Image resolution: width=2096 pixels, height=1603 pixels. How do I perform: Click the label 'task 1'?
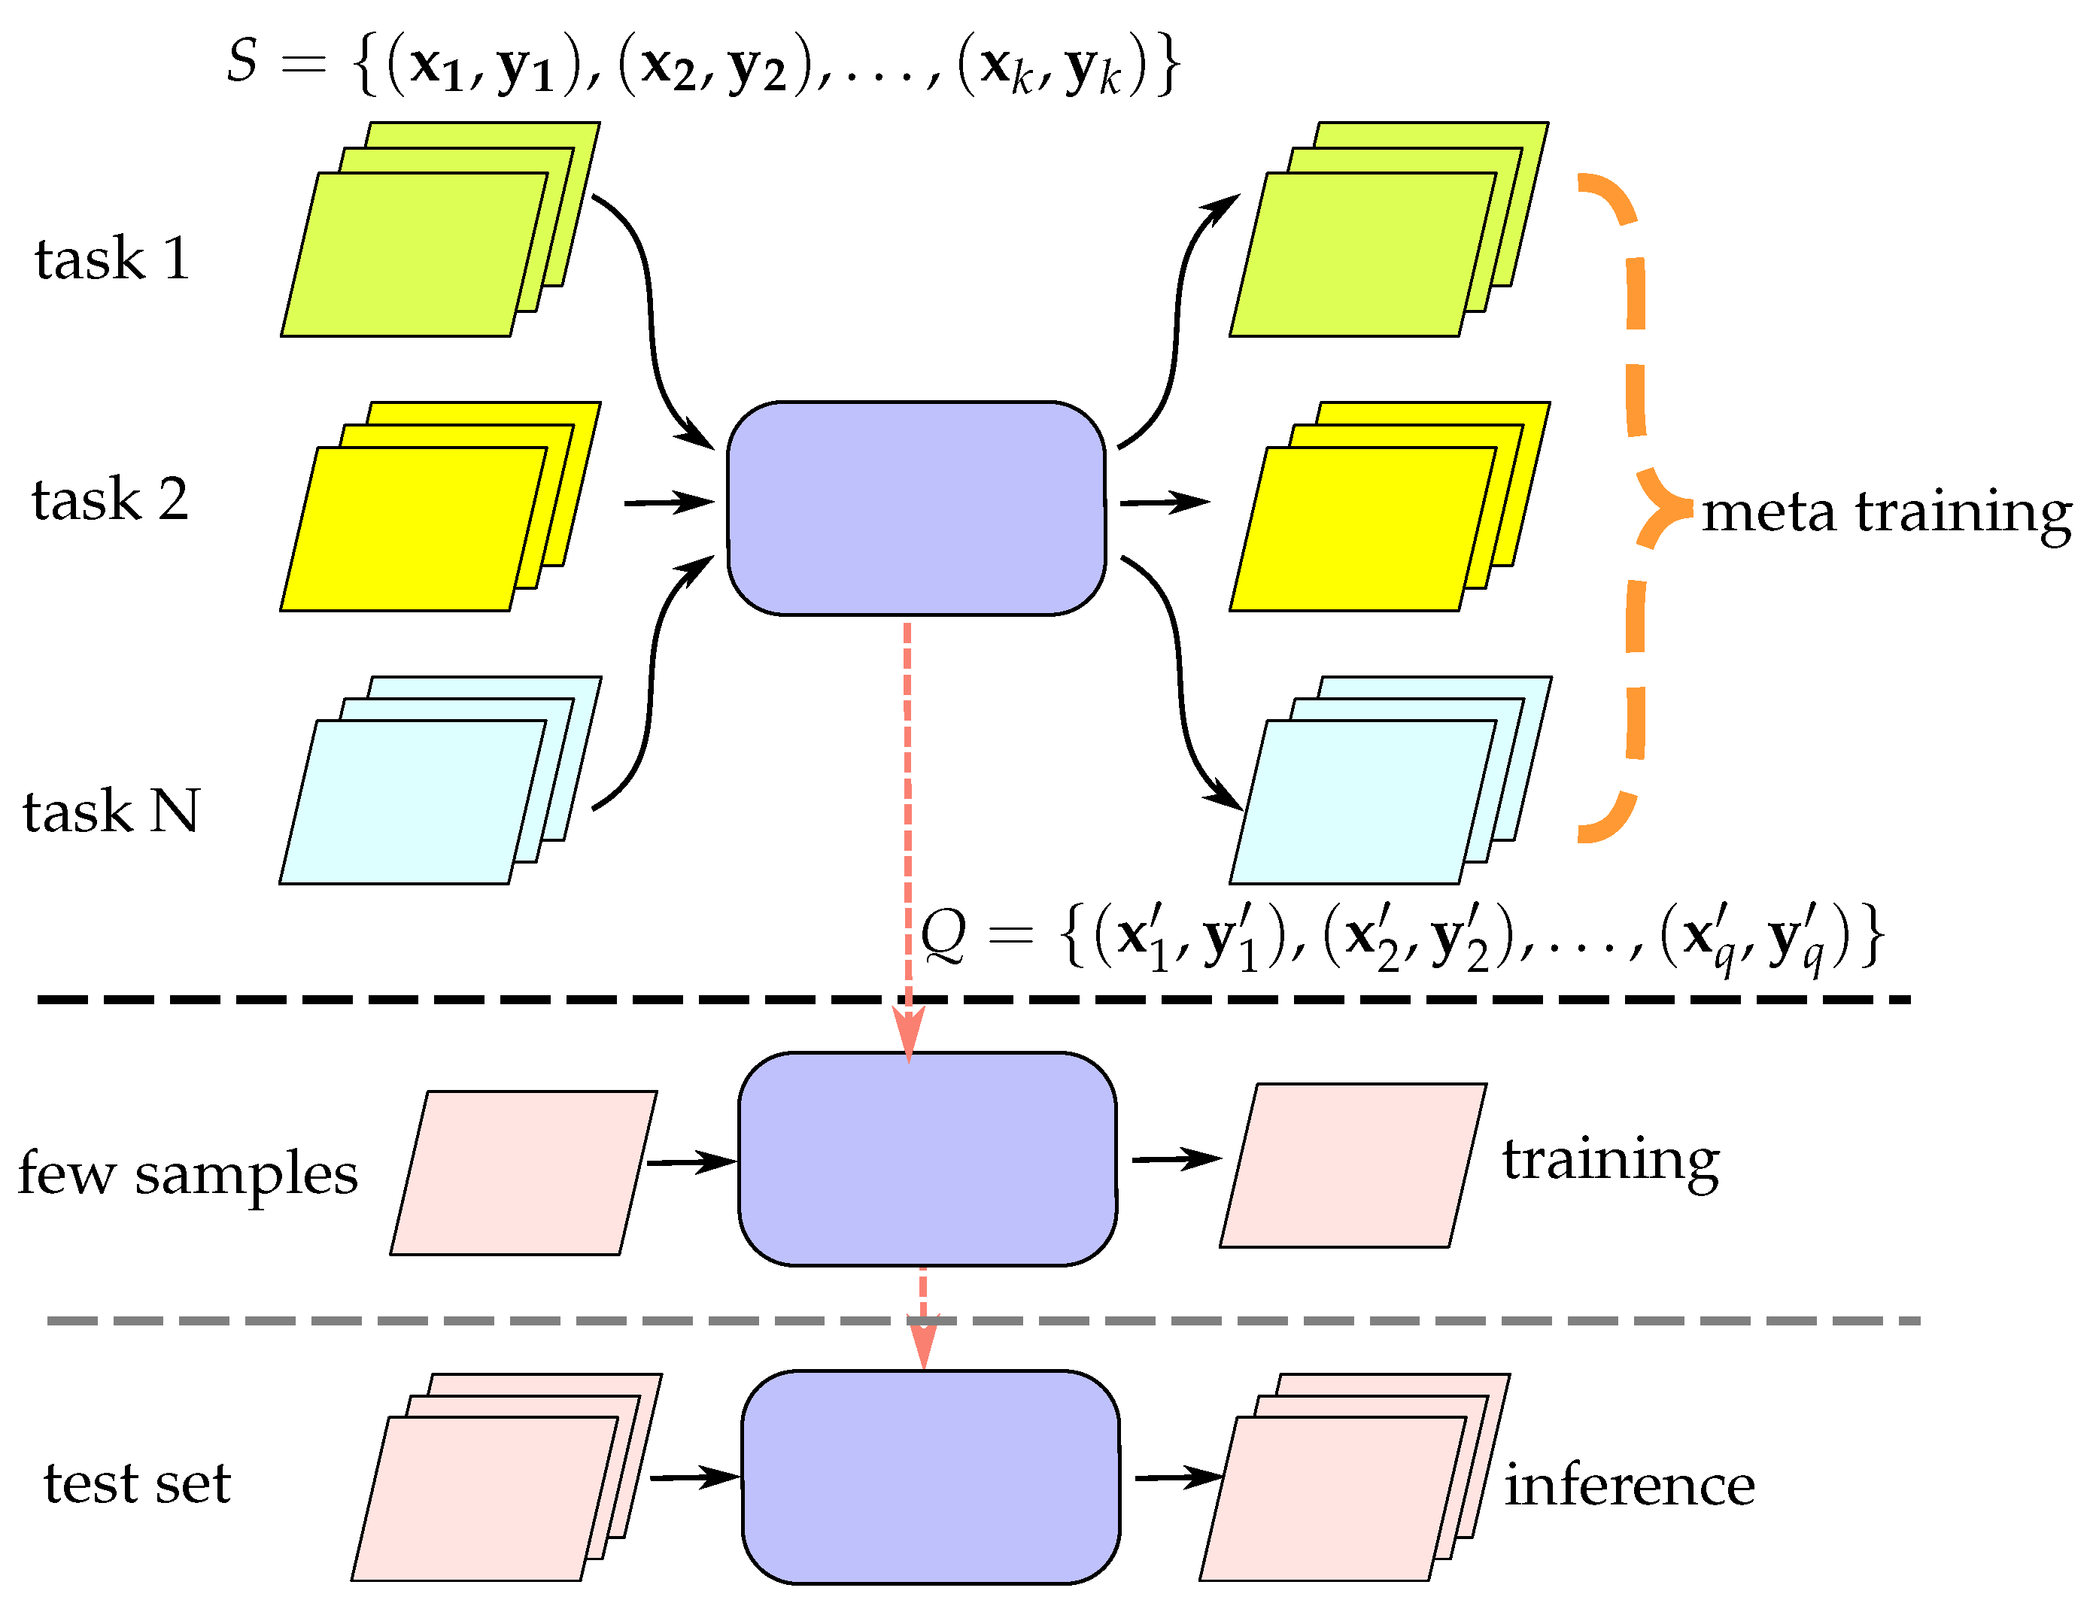[x=113, y=259]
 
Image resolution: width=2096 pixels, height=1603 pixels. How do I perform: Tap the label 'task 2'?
[x=111, y=500]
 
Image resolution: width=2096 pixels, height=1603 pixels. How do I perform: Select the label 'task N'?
[x=111, y=812]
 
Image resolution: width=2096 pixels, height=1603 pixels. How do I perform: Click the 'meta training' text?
[x=1886, y=512]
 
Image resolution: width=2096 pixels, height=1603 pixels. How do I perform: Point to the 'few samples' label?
[x=188, y=1173]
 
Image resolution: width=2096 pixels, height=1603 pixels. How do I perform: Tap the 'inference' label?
[x=1629, y=1486]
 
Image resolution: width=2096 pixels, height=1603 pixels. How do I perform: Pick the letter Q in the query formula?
[x=943, y=934]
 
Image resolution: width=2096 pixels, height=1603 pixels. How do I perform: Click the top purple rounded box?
[x=916, y=508]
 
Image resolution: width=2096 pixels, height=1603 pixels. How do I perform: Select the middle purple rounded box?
[x=928, y=1159]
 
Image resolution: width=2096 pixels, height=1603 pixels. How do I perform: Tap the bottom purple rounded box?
[x=930, y=1478]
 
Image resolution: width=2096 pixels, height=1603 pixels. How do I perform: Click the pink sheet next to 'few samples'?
[x=523, y=1173]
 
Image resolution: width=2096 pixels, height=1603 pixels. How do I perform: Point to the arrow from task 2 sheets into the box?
[x=669, y=502]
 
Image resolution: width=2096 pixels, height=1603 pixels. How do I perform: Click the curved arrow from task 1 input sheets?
[x=652, y=315]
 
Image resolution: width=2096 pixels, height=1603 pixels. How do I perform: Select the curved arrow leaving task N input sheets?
[x=652, y=687]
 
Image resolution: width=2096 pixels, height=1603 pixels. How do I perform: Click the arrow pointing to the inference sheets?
[x=1178, y=1478]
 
